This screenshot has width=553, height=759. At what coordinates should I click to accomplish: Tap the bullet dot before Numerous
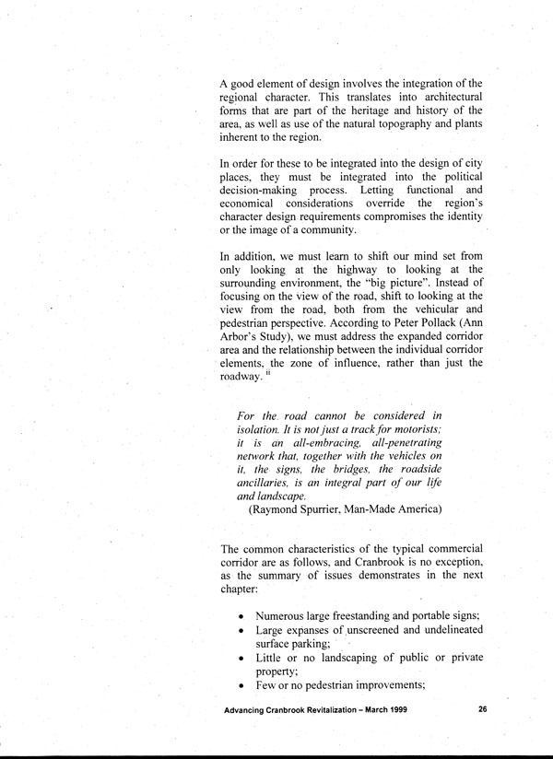click(x=241, y=614)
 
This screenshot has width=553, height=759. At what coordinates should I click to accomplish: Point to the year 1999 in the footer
click(x=389, y=711)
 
